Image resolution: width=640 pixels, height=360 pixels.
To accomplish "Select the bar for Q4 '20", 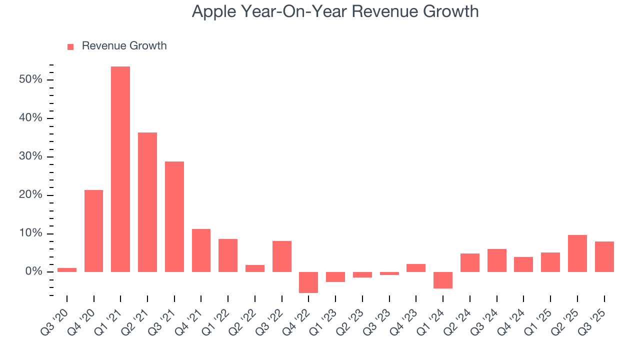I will click(x=93, y=231).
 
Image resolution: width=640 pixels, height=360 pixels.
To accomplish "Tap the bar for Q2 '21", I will click(x=147, y=202).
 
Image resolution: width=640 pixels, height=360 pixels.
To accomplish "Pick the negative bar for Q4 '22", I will click(x=308, y=282).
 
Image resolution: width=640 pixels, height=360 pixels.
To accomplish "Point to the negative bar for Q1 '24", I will click(x=443, y=280).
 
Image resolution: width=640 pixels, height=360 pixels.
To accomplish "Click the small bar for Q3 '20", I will click(x=67, y=270).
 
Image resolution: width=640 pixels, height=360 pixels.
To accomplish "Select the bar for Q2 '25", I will click(x=577, y=253).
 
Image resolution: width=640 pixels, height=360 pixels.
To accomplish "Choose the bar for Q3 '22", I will click(x=282, y=256).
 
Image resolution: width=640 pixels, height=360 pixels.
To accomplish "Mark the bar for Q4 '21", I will click(x=201, y=250).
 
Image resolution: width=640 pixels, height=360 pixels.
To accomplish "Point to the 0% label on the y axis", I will click(x=36, y=272).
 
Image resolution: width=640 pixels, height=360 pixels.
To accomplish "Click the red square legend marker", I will click(x=70, y=46).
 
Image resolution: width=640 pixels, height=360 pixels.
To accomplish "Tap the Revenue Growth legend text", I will click(x=124, y=46).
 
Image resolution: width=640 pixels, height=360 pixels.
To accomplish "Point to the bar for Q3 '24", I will click(x=497, y=260).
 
